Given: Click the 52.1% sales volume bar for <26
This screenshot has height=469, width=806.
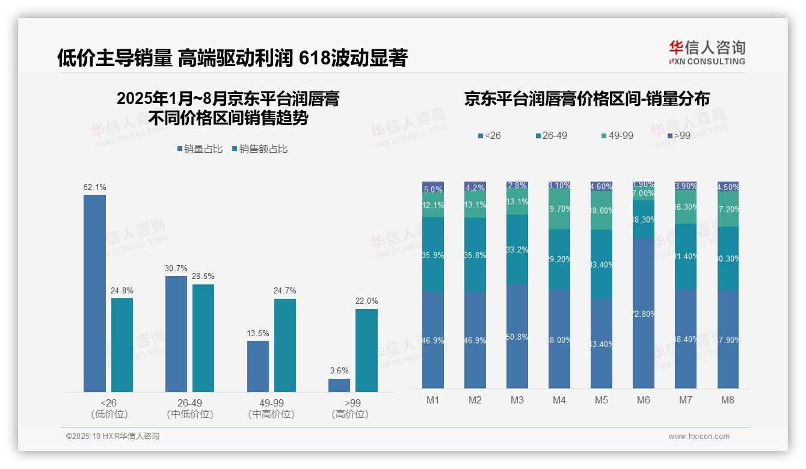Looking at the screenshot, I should (94, 293).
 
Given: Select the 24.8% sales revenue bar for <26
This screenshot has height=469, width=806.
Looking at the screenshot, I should (122, 345).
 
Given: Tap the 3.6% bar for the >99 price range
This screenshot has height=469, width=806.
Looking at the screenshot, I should (339, 385).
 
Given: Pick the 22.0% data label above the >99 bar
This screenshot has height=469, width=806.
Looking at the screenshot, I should (367, 301).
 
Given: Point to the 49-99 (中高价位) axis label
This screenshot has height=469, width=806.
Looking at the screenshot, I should (271, 408).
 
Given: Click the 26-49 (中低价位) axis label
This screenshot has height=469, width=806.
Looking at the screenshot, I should (189, 408).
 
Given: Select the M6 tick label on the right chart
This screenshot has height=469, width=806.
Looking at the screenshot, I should (644, 400).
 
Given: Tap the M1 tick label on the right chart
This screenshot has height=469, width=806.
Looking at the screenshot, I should (433, 400).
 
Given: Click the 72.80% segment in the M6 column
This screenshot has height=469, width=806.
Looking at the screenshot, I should (644, 313).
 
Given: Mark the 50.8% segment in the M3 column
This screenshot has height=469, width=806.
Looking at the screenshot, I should (517, 336).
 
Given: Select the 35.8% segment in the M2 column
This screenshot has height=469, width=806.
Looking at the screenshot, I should (475, 255).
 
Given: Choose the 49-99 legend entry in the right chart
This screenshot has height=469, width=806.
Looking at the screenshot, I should (617, 136).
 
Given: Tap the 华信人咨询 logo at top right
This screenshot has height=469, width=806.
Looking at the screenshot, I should (707, 52).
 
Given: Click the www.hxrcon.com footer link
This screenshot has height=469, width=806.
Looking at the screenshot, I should (699, 437).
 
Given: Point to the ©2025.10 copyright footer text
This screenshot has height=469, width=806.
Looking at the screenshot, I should (112, 437).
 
